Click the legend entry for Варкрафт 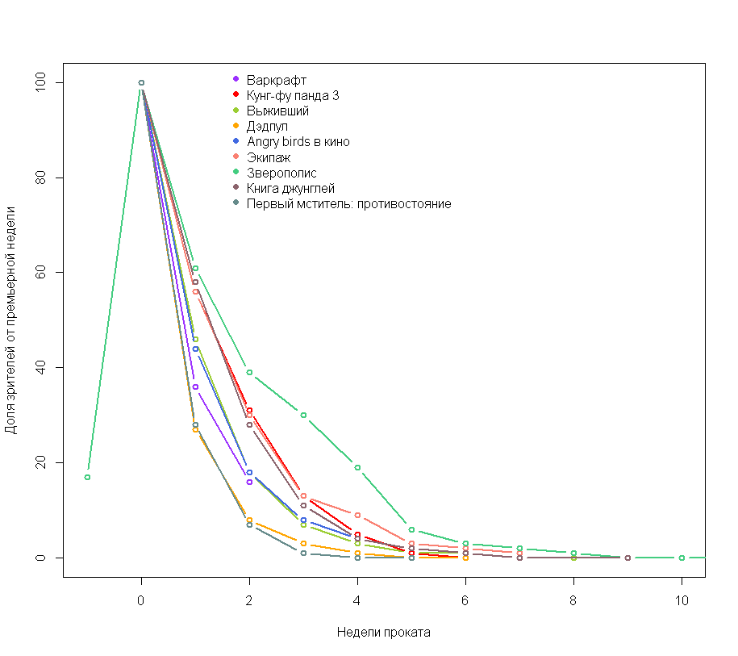(277, 80)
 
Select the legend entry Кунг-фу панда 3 (293, 95)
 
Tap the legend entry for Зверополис (281, 173)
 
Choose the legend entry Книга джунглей (290, 188)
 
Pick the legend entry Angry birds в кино (298, 141)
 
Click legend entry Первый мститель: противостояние (348, 203)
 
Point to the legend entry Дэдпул (267, 126)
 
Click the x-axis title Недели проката (383, 633)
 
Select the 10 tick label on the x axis (682, 601)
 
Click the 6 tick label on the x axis (465, 601)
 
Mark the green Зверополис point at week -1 (87, 477)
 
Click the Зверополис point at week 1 (195, 268)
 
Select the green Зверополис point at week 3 (303, 415)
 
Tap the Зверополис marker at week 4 (357, 467)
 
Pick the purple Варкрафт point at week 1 (195, 386)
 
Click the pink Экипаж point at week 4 (357, 515)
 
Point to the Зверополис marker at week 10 (682, 558)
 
